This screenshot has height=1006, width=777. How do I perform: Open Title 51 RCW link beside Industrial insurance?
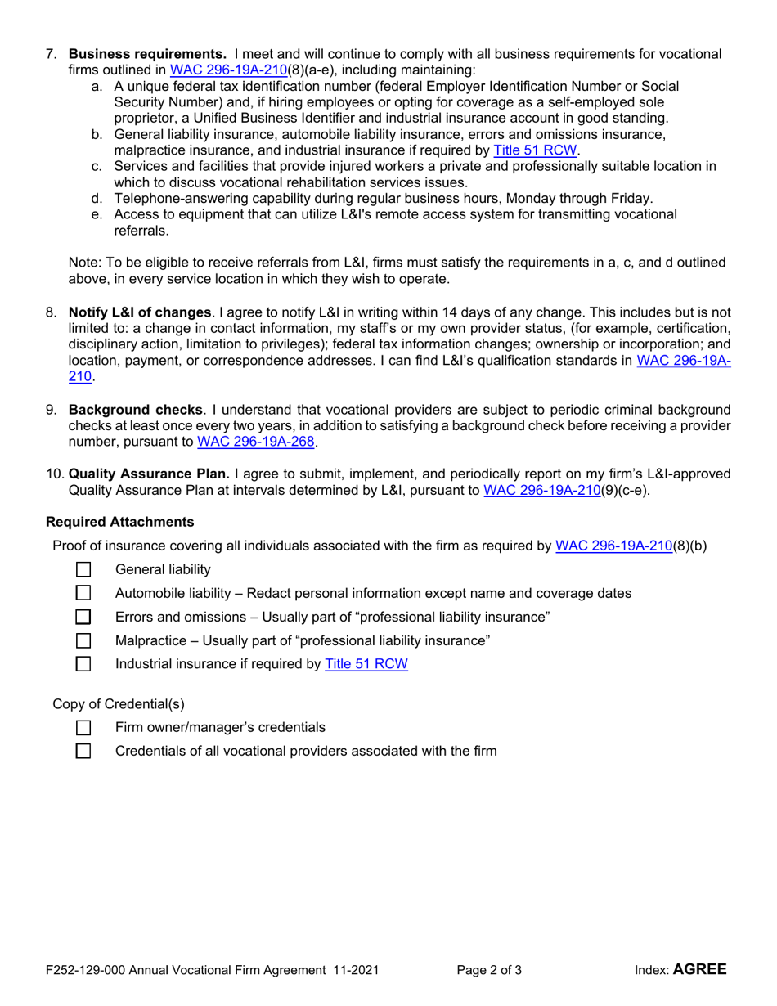(x=366, y=664)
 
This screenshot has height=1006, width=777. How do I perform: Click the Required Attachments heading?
(x=120, y=521)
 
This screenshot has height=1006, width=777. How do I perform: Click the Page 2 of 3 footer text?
(x=489, y=971)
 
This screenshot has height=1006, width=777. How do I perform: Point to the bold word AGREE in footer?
(x=699, y=970)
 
